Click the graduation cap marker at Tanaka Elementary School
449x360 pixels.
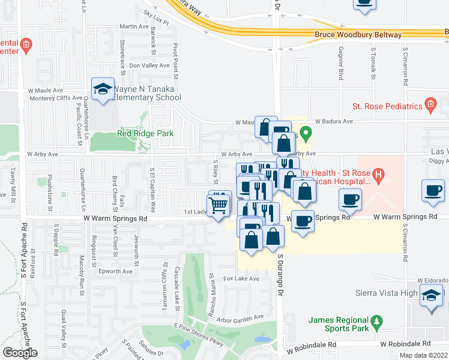(x=103, y=89)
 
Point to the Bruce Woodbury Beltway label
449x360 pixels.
(x=358, y=35)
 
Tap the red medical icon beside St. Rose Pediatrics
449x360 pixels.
(x=430, y=106)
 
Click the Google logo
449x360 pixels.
(x=19, y=353)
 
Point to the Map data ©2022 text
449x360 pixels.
(x=423, y=355)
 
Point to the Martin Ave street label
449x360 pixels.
(x=134, y=26)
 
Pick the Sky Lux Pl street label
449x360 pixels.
(x=156, y=15)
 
